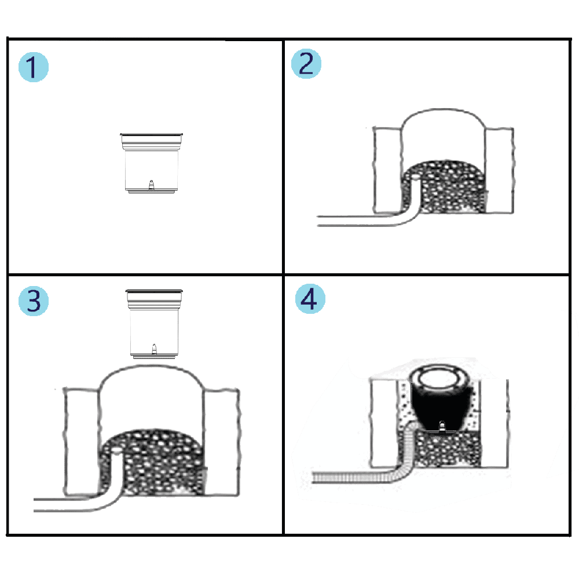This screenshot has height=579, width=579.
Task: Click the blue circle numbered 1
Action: (34, 67)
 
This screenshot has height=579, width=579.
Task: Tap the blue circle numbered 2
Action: (306, 64)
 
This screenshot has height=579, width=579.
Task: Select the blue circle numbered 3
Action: (34, 301)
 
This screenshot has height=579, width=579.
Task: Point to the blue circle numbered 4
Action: (310, 299)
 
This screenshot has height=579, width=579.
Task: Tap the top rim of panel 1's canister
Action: (151, 134)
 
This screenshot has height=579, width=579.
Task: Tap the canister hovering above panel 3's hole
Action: (154, 324)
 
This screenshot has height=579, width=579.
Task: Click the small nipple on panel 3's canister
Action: (155, 349)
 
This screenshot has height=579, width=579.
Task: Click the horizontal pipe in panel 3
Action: (63, 505)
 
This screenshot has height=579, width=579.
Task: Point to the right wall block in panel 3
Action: (221, 442)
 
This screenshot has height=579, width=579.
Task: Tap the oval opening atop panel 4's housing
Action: (441, 379)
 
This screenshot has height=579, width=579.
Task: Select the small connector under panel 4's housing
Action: (442, 427)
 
